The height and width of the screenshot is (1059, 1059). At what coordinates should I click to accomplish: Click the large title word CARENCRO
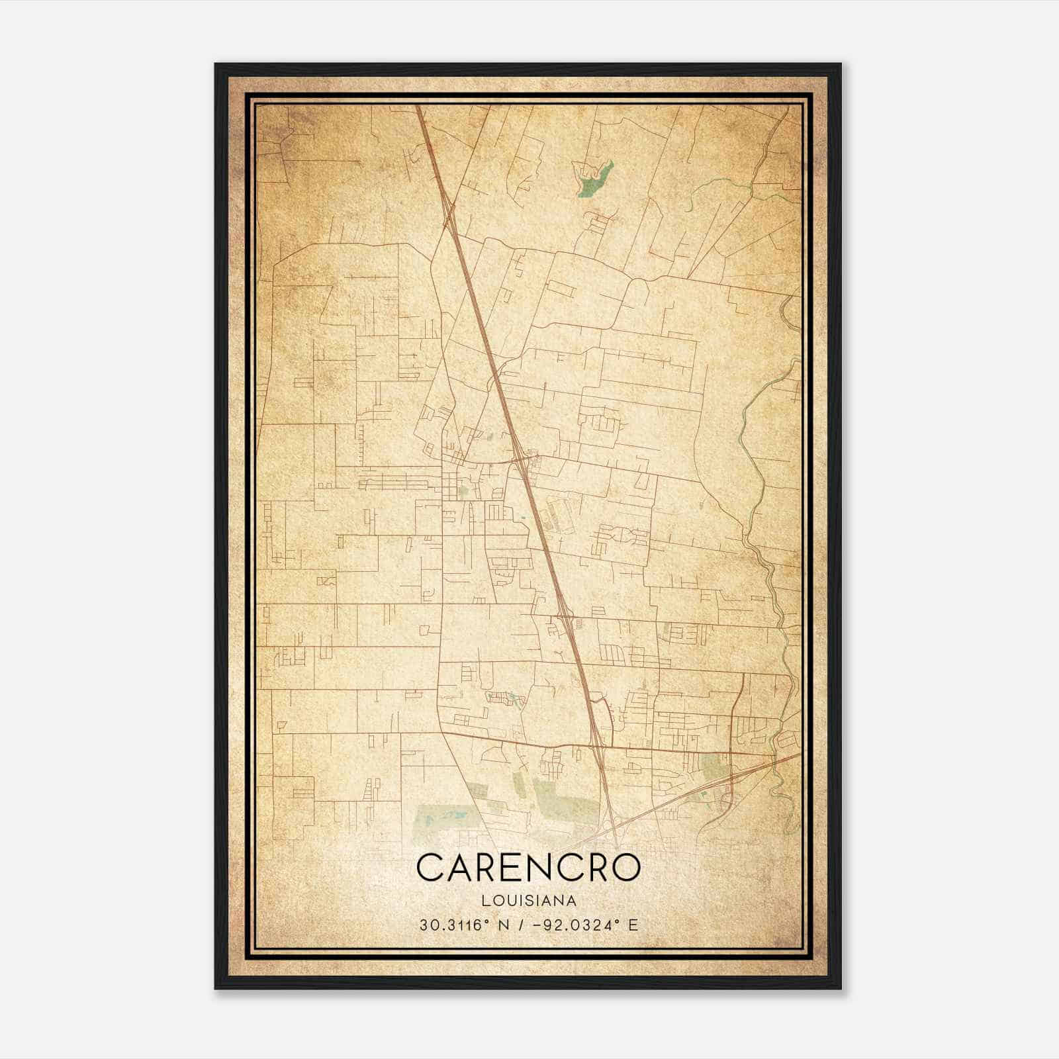[528, 868]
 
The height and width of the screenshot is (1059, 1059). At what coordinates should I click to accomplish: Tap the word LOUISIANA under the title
[529, 901]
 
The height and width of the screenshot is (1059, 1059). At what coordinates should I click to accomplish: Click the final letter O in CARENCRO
[624, 868]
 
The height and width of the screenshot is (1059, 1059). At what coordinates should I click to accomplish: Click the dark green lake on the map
[594, 176]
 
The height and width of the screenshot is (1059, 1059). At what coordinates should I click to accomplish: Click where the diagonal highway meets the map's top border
[418, 107]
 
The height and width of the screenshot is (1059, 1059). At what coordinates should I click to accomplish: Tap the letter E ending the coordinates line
[634, 925]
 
